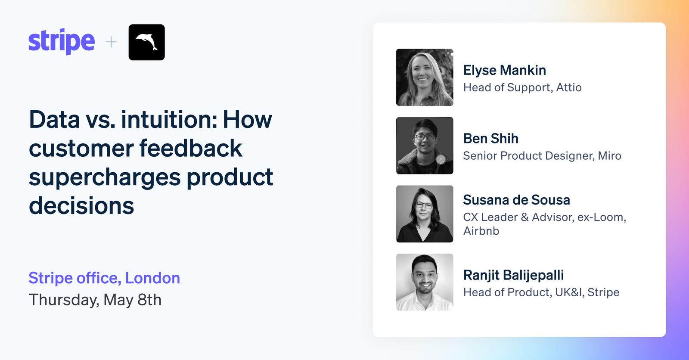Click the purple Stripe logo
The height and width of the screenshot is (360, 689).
pos(62,41)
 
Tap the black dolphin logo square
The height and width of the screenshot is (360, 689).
pos(147,42)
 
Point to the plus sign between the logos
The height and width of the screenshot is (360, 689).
pos(111,42)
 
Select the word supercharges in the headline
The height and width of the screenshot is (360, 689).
pos(105,178)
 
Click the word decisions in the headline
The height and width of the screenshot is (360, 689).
pos(81,205)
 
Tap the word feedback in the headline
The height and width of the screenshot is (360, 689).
pos(191,148)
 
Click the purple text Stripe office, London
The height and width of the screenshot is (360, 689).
pos(104,278)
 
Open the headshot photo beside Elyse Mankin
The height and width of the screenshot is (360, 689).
pos(425,77)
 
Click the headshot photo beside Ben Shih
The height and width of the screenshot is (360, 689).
pos(425,146)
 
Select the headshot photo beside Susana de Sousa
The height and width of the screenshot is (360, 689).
pos(425,214)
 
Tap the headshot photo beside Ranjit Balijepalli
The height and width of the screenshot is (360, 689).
pos(425,282)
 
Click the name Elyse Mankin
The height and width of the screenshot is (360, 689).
pos(504,71)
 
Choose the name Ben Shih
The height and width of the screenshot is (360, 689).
pos(490,139)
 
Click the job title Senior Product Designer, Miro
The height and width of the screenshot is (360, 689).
pos(542,156)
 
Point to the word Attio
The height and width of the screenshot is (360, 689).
pos(569,87)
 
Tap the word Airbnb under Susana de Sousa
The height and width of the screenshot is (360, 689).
pos(481,231)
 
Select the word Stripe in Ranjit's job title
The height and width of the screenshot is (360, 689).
pos(603,293)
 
